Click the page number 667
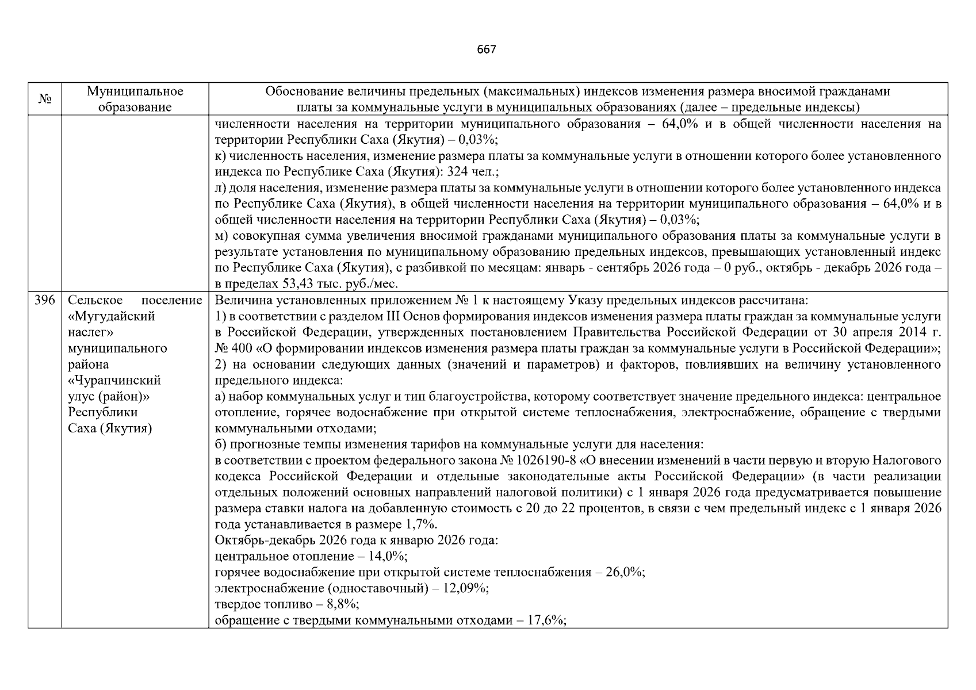[x=486, y=49]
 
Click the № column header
[x=45, y=99]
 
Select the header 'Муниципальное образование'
[x=135, y=99]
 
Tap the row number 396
[x=44, y=300]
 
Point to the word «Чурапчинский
[x=114, y=380]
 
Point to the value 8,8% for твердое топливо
[x=342, y=604]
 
